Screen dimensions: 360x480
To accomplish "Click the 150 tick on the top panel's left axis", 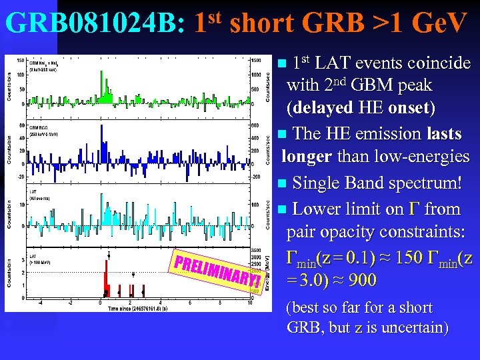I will (x=21, y=61).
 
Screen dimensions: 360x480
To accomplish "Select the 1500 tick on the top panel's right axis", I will (x=257, y=61).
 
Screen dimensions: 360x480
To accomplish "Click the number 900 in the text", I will (x=362, y=280).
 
